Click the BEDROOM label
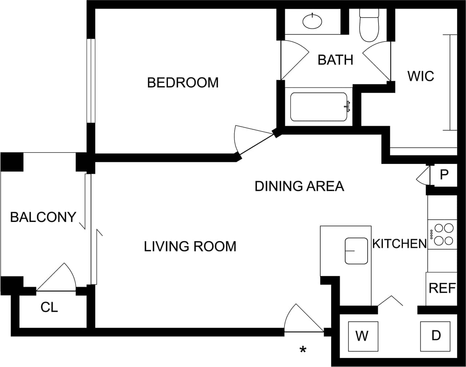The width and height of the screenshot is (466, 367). (183, 83)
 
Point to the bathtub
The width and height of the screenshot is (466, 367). (319, 107)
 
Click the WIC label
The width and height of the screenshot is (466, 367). (421, 76)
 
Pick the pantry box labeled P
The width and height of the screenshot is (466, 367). (443, 175)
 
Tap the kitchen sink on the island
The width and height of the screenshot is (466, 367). (356, 251)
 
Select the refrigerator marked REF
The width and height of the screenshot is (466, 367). (442, 288)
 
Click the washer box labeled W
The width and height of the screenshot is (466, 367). (363, 336)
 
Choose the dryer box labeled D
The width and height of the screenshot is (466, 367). (436, 335)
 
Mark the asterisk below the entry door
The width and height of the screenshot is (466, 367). (303, 350)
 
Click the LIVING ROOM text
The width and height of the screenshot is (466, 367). (190, 247)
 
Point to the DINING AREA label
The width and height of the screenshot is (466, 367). (299, 186)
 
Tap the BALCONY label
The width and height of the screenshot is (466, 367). (43, 217)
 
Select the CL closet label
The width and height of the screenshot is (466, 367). (49, 308)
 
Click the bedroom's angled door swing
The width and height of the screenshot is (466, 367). (251, 140)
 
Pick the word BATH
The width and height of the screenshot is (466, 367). (335, 60)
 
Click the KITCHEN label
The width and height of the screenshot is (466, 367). (399, 243)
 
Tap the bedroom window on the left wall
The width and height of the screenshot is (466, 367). (91, 81)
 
